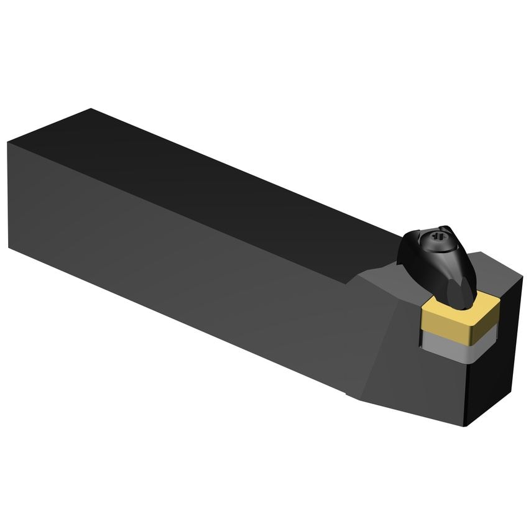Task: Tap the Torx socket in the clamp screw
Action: [x=433, y=238]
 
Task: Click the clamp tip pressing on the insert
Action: [x=463, y=297]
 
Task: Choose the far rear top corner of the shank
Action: [x=91, y=109]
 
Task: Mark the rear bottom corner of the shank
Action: [x=9, y=247]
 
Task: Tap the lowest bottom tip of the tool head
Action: [x=467, y=425]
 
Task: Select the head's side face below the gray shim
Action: [x=435, y=386]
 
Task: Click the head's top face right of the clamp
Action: [x=491, y=274]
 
